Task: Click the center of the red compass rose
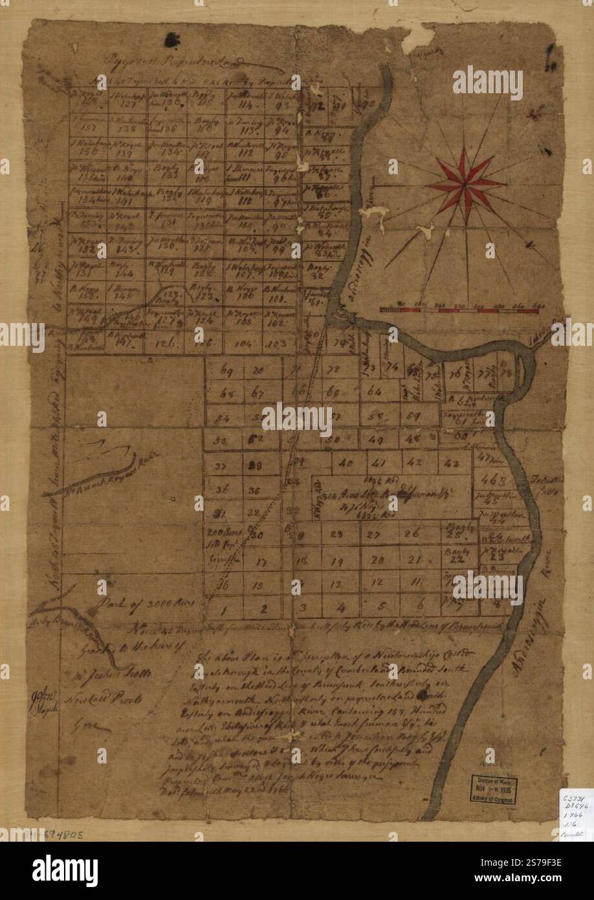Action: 465,185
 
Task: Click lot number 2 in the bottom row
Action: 263,608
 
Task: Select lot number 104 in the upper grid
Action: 243,344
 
